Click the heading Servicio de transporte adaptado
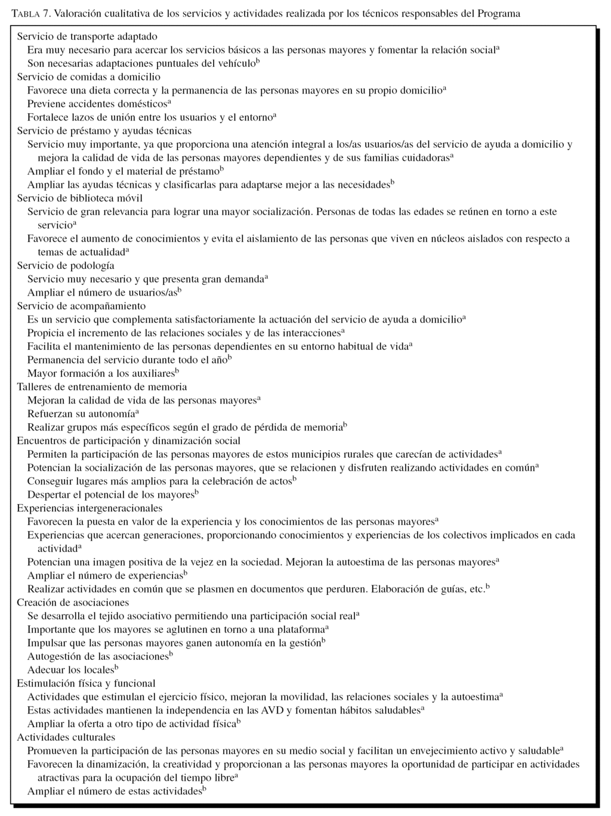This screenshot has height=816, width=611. (x=87, y=37)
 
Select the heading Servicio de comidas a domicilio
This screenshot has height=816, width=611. (x=88, y=77)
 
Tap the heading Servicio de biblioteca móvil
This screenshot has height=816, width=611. (x=79, y=198)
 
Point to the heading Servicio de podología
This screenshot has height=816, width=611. (x=66, y=266)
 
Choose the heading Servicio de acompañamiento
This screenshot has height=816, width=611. (x=81, y=306)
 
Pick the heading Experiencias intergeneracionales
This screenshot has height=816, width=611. (x=90, y=508)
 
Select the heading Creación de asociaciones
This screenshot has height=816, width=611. (x=73, y=603)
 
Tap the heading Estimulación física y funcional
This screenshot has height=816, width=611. (x=86, y=684)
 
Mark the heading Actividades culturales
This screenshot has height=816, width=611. (x=66, y=737)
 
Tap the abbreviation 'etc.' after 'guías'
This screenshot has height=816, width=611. (x=476, y=589)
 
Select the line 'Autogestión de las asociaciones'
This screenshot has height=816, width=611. (x=98, y=657)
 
